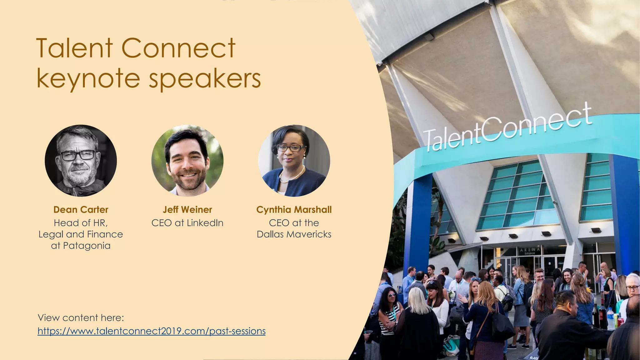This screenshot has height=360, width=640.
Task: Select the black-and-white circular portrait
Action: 81,161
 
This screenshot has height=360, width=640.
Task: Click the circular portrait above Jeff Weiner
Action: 187,161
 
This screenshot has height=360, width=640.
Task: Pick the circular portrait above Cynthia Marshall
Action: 294,161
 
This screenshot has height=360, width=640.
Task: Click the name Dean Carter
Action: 81,210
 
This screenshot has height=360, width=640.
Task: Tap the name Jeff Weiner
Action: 187,210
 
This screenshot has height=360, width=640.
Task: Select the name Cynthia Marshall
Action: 294,210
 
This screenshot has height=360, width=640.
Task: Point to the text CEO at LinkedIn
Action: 187,223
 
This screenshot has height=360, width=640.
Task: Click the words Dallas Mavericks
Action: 294,234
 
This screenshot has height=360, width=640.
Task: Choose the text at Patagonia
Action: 81,246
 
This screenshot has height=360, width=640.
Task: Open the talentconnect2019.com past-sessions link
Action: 152,331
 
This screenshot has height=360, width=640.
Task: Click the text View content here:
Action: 81,318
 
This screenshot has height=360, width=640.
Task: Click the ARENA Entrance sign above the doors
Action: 530,250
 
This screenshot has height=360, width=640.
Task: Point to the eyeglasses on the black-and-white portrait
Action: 78,155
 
